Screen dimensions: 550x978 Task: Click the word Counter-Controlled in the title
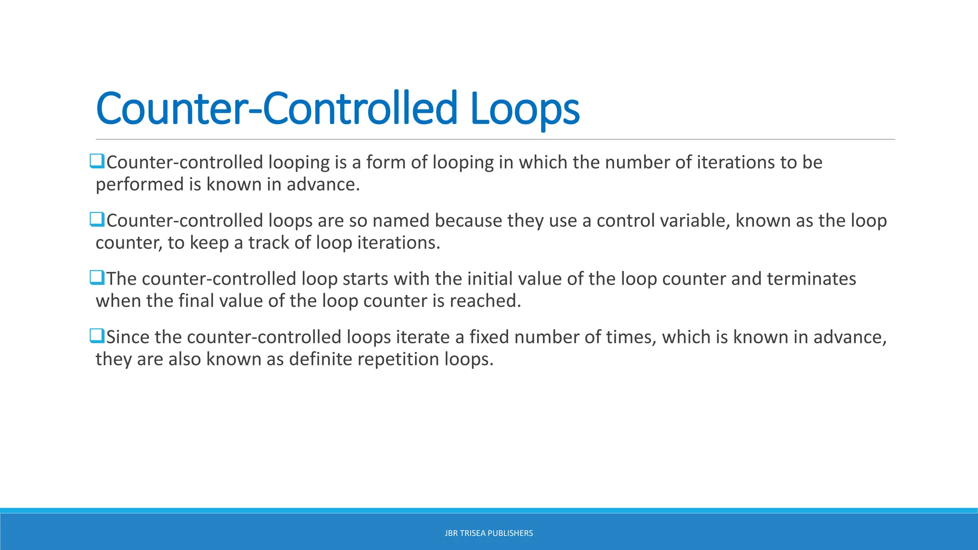pos(277,109)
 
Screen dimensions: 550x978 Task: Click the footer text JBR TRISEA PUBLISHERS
pos(489,533)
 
